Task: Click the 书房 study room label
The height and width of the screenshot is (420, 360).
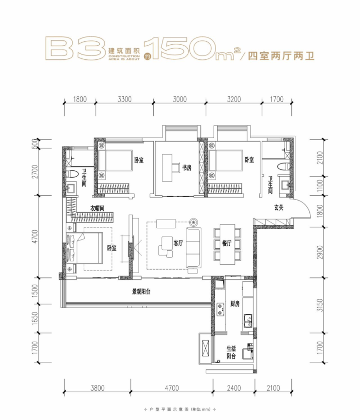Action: click(187, 168)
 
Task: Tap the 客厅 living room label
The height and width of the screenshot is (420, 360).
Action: click(178, 243)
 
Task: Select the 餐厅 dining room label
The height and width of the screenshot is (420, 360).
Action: click(227, 243)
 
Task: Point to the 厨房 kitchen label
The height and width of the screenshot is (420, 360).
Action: click(235, 304)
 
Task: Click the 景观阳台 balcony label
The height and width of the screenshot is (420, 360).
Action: click(141, 292)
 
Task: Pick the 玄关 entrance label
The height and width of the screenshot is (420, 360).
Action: click(279, 208)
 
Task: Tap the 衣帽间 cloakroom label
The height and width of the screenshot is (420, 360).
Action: click(97, 208)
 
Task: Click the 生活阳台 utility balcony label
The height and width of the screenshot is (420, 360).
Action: click(231, 352)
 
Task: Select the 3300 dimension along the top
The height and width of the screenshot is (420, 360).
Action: click(125, 99)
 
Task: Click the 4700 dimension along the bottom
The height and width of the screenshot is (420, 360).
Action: click(172, 388)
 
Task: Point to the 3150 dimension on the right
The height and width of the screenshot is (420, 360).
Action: click(320, 305)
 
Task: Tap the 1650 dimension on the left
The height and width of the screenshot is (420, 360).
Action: click(35, 318)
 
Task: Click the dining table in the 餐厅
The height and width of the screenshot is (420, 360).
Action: click(227, 244)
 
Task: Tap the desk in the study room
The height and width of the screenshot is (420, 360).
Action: click(167, 168)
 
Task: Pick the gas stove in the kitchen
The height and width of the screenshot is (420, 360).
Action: click(220, 310)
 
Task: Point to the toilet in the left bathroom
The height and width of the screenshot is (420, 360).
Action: click(72, 174)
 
